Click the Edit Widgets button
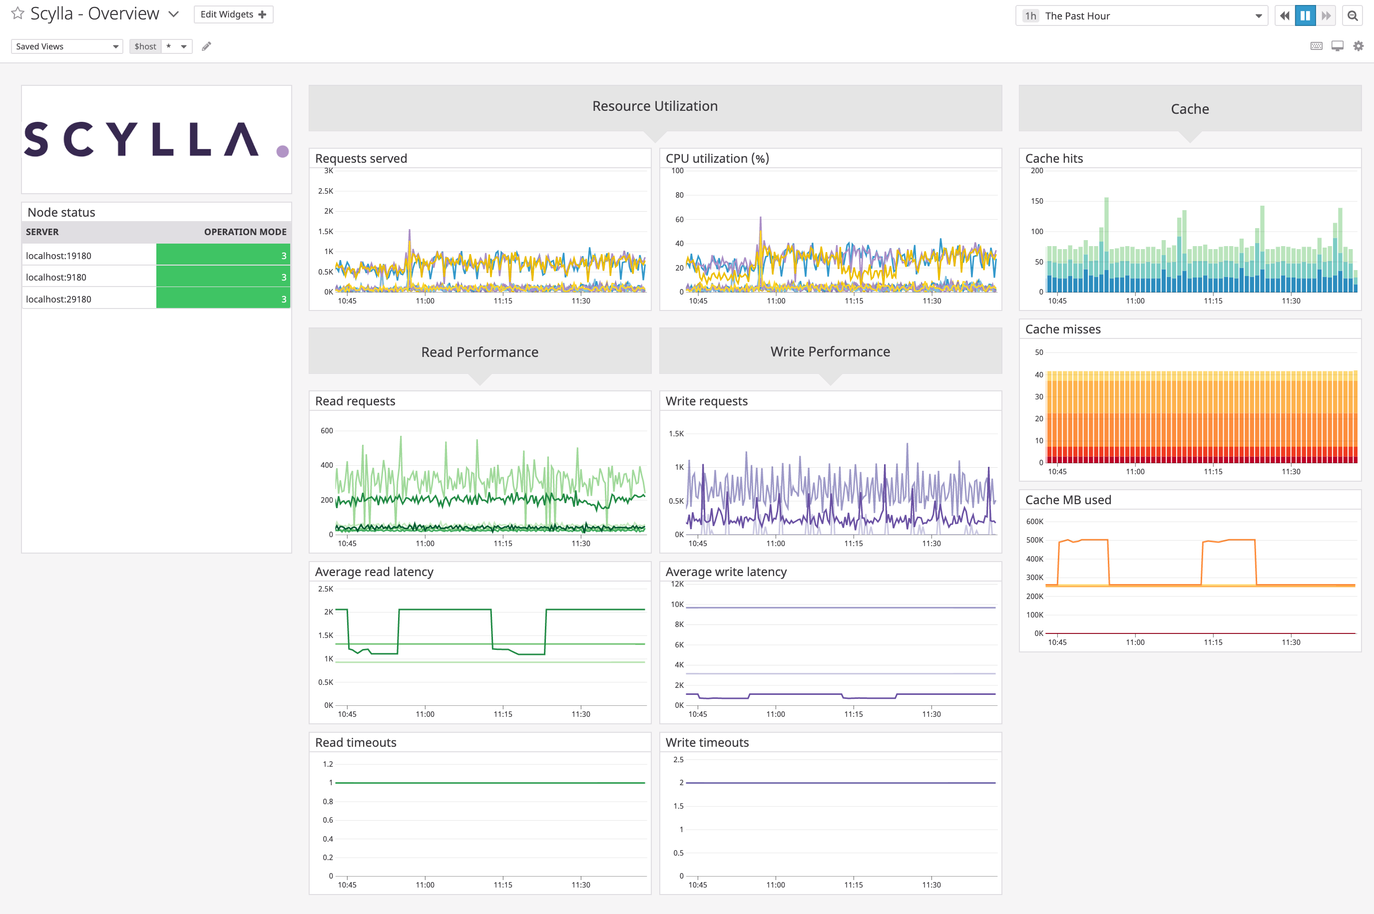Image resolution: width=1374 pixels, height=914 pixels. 233,14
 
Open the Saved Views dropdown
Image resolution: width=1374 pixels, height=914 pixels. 66,46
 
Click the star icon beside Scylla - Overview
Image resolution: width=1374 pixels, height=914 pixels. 17,13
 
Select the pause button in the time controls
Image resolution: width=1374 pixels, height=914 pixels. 1305,16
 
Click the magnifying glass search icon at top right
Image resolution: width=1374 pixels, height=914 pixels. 1353,16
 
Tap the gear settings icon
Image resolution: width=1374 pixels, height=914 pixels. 1358,46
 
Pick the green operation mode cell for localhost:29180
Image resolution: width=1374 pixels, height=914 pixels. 223,299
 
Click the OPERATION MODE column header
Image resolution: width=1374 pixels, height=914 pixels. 245,232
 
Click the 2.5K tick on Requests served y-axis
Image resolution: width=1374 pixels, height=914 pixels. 326,191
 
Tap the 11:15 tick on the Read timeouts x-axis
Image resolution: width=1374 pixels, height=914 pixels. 503,885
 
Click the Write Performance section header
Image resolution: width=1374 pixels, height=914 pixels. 830,351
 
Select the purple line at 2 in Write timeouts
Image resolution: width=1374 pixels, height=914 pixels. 840,783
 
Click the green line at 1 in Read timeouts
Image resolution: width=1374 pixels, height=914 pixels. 490,783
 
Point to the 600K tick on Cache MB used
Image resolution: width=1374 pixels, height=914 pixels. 1034,522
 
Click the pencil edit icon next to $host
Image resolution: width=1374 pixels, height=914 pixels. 206,46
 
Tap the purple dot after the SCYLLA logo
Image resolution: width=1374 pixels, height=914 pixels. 283,152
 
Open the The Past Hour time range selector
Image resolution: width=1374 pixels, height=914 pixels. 1141,16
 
